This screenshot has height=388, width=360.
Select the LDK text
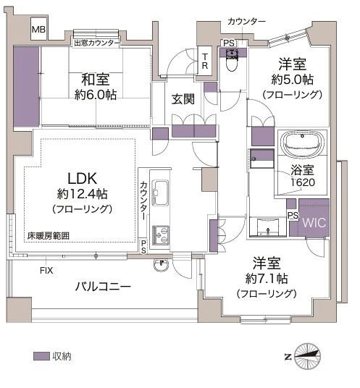point(83,178)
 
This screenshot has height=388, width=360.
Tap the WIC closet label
point(315,223)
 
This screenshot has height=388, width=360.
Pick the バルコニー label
point(103,287)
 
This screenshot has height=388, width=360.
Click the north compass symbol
point(309,355)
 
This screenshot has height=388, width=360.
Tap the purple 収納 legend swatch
point(41,356)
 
